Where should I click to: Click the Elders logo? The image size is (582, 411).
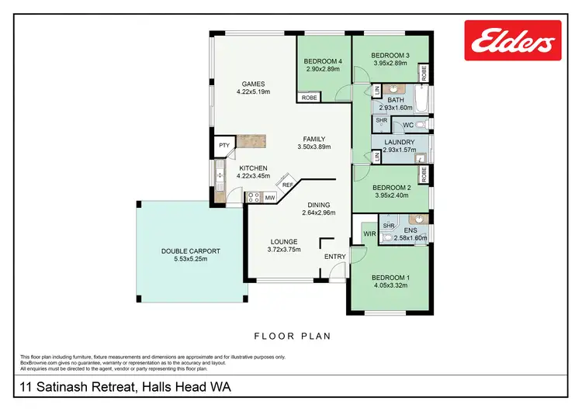pyautogui.click(x=513, y=40)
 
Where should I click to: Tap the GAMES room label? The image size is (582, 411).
pyautogui.click(x=253, y=85)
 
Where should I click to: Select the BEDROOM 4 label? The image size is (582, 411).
pyautogui.click(x=324, y=61)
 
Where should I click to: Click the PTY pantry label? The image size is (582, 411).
pyautogui.click(x=223, y=145)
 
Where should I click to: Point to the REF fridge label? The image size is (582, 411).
pyautogui.click(x=286, y=185)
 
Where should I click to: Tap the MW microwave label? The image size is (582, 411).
pyautogui.click(x=270, y=199)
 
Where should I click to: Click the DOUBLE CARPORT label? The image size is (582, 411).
pyautogui.click(x=191, y=251)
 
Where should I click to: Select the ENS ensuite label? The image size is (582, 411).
pyautogui.click(x=411, y=230)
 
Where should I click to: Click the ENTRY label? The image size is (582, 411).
pyautogui.click(x=334, y=257)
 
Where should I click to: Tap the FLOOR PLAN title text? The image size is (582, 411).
pyautogui.click(x=293, y=337)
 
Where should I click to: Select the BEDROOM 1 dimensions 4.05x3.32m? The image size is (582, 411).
pyautogui.click(x=390, y=285)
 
